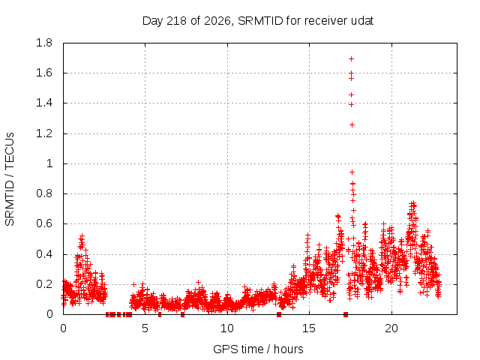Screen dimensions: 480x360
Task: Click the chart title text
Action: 258,21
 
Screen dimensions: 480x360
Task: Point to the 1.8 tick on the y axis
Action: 44,43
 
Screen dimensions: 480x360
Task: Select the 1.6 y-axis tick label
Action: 44,73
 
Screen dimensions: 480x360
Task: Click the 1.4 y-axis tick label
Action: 44,103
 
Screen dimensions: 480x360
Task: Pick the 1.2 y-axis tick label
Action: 44,133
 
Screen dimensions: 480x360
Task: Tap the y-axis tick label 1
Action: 49,163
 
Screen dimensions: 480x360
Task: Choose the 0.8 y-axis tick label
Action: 44,193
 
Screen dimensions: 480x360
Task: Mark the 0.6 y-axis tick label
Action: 44,223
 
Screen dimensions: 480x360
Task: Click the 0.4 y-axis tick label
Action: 44,254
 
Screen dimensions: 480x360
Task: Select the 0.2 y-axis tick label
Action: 44,284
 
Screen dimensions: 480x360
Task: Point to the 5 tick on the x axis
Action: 145,328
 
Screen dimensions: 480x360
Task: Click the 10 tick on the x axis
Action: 227,328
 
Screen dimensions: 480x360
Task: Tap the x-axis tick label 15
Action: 309,328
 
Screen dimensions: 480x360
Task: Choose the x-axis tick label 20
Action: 391,328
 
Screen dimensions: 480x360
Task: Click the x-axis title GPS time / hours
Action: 258,349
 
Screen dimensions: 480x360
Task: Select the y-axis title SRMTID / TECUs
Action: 10,179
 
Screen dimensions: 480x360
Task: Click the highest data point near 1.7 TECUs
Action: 352,58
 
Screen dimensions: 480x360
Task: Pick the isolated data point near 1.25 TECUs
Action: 352,125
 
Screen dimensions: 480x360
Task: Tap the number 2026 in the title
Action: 217,21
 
